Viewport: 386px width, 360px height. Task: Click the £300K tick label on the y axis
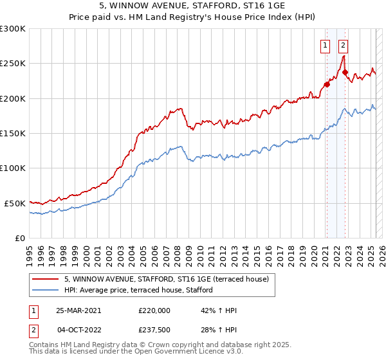(12, 29)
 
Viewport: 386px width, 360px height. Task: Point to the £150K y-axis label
(12, 133)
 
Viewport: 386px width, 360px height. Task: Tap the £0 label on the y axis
(20, 238)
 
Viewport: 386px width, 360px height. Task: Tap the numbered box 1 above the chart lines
(326, 45)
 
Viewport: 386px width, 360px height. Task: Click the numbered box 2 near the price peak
(344, 45)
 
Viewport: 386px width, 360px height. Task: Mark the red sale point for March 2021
(327, 84)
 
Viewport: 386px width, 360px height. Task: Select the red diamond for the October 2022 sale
(345, 72)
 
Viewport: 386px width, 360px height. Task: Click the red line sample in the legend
(46, 279)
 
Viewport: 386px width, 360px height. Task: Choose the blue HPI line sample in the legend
(46, 290)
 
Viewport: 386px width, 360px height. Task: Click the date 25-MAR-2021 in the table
(78, 310)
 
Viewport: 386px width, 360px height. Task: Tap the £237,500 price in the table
(154, 330)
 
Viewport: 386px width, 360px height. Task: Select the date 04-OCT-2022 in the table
(78, 330)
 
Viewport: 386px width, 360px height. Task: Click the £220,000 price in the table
(154, 310)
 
